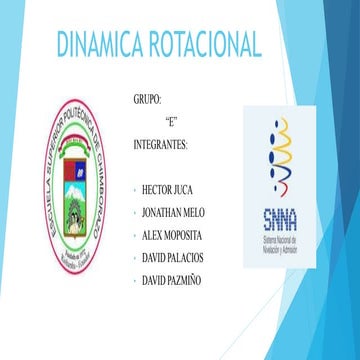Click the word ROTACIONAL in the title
[x=205, y=44]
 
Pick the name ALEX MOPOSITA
[x=175, y=235]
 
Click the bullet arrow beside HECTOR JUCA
[x=136, y=188]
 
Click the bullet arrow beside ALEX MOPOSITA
[x=136, y=236]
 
